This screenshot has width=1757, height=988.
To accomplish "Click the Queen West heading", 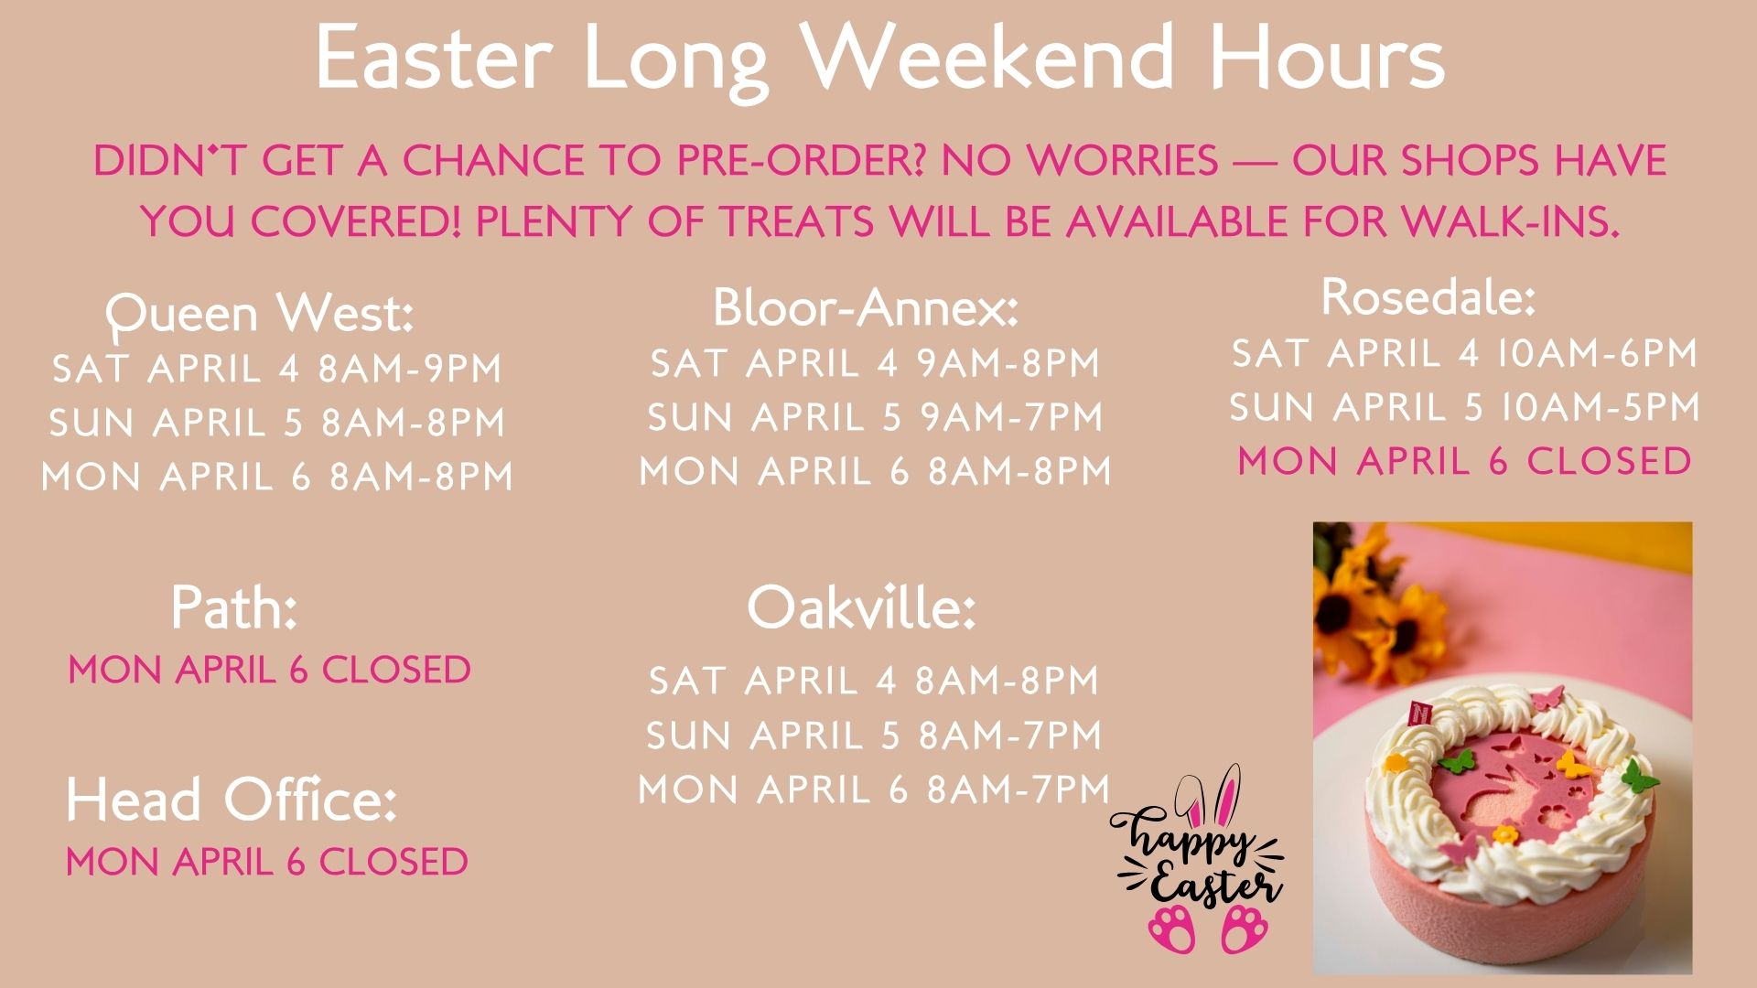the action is pos(260,314).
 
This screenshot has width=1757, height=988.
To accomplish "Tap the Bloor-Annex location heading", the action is pos(866,306).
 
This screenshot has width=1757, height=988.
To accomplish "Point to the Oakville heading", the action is pos(861,607).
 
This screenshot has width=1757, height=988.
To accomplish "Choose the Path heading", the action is pos(234,607).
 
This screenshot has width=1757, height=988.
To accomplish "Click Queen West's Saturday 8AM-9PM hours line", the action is pos(277,369).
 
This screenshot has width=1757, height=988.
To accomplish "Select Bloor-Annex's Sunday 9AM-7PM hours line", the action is pos(875,418).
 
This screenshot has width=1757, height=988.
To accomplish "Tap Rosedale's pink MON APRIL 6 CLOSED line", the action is pos(1464,461).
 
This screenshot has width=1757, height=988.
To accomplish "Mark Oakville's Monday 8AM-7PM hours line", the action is pos(874,789).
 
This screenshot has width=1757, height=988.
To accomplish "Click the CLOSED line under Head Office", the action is pos(267,862).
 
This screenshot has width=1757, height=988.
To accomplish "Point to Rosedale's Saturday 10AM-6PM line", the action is pos(1464,353).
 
